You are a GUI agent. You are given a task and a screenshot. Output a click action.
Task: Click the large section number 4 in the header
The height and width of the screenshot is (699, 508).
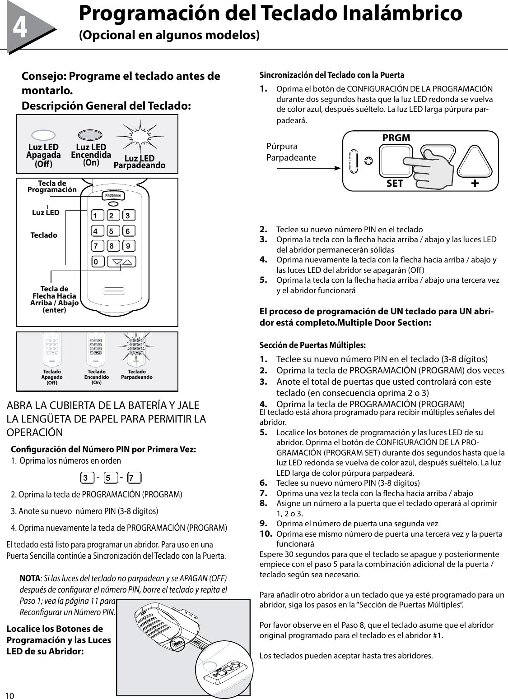point(19,28)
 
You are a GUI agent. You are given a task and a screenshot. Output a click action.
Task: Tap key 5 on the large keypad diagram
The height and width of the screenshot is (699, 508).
point(111,231)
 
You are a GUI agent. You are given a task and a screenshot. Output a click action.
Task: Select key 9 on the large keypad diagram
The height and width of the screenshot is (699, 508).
point(128,246)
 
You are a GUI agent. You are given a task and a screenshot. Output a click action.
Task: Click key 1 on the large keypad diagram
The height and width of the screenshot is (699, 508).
point(95,216)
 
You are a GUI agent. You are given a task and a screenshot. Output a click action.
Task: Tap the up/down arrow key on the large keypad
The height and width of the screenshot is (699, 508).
point(122,262)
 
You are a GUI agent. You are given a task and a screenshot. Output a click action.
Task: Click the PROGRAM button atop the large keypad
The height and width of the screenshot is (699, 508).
point(114,196)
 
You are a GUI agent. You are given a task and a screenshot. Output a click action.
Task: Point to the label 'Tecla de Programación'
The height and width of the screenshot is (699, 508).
point(52,186)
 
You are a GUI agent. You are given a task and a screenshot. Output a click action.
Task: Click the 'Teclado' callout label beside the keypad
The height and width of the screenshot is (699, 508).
point(44,235)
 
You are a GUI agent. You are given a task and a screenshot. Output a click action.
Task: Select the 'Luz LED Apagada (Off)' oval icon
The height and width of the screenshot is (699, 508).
point(43,135)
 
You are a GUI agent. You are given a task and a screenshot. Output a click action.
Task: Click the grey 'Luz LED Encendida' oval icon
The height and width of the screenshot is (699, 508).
point(91,135)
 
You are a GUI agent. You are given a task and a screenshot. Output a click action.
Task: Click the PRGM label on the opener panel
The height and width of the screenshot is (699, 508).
point(396,138)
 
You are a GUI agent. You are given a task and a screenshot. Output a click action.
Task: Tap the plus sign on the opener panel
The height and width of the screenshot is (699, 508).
point(475,184)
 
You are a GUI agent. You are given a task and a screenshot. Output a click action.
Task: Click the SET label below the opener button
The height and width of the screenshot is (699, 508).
point(395,184)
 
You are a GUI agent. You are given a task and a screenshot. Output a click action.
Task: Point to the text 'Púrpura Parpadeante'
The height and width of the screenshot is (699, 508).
point(291,152)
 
